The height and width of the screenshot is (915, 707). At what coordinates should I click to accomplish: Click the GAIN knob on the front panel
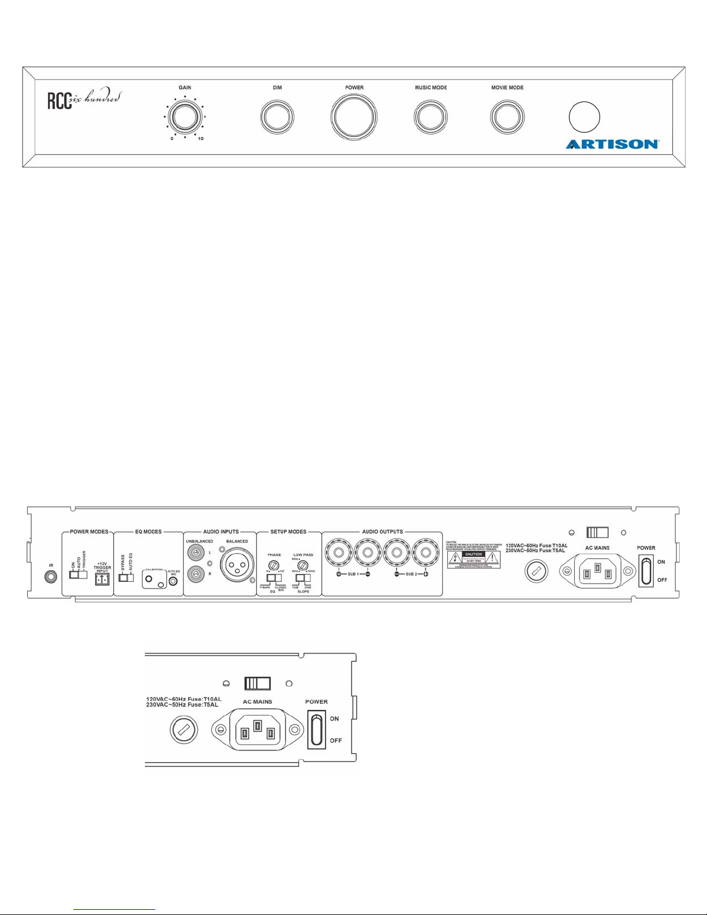[x=185, y=116]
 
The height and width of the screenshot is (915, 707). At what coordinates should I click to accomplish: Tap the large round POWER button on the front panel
[x=354, y=117]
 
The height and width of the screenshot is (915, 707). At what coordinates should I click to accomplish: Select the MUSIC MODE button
[x=431, y=117]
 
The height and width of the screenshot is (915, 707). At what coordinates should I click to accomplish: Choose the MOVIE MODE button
[x=507, y=117]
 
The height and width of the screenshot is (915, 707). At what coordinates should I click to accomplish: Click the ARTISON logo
[x=612, y=144]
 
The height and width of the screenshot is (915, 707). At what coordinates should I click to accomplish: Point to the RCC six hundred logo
[x=84, y=100]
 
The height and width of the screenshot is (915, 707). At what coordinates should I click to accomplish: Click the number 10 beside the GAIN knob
[x=200, y=139]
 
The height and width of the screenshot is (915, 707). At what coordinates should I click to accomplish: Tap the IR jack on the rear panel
[x=51, y=576]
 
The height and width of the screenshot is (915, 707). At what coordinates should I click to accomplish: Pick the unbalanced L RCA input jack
[x=197, y=552]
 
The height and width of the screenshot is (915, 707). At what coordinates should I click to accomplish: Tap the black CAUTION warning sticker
[x=473, y=554]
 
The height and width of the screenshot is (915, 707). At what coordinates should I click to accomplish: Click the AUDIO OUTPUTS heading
[x=382, y=532]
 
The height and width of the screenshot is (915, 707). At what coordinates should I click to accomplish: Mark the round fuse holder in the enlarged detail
[x=184, y=730]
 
